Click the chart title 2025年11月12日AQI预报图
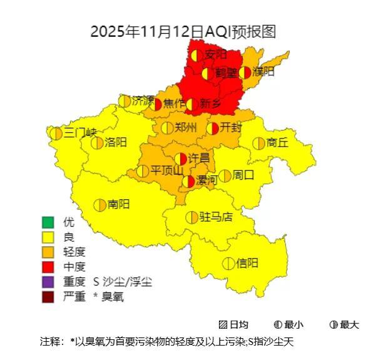click(183, 32)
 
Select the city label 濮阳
click(263, 72)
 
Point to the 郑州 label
click(186, 128)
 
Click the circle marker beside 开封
click(212, 128)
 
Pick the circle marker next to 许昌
click(181, 158)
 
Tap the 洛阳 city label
click(116, 142)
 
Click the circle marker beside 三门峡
click(56, 133)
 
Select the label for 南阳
click(118, 204)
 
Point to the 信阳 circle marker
click(228, 264)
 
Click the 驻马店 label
click(216, 217)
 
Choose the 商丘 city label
click(277, 143)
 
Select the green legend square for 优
click(48, 222)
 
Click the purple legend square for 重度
click(48, 282)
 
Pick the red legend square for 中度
click(48, 267)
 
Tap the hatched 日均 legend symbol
click(223, 324)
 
